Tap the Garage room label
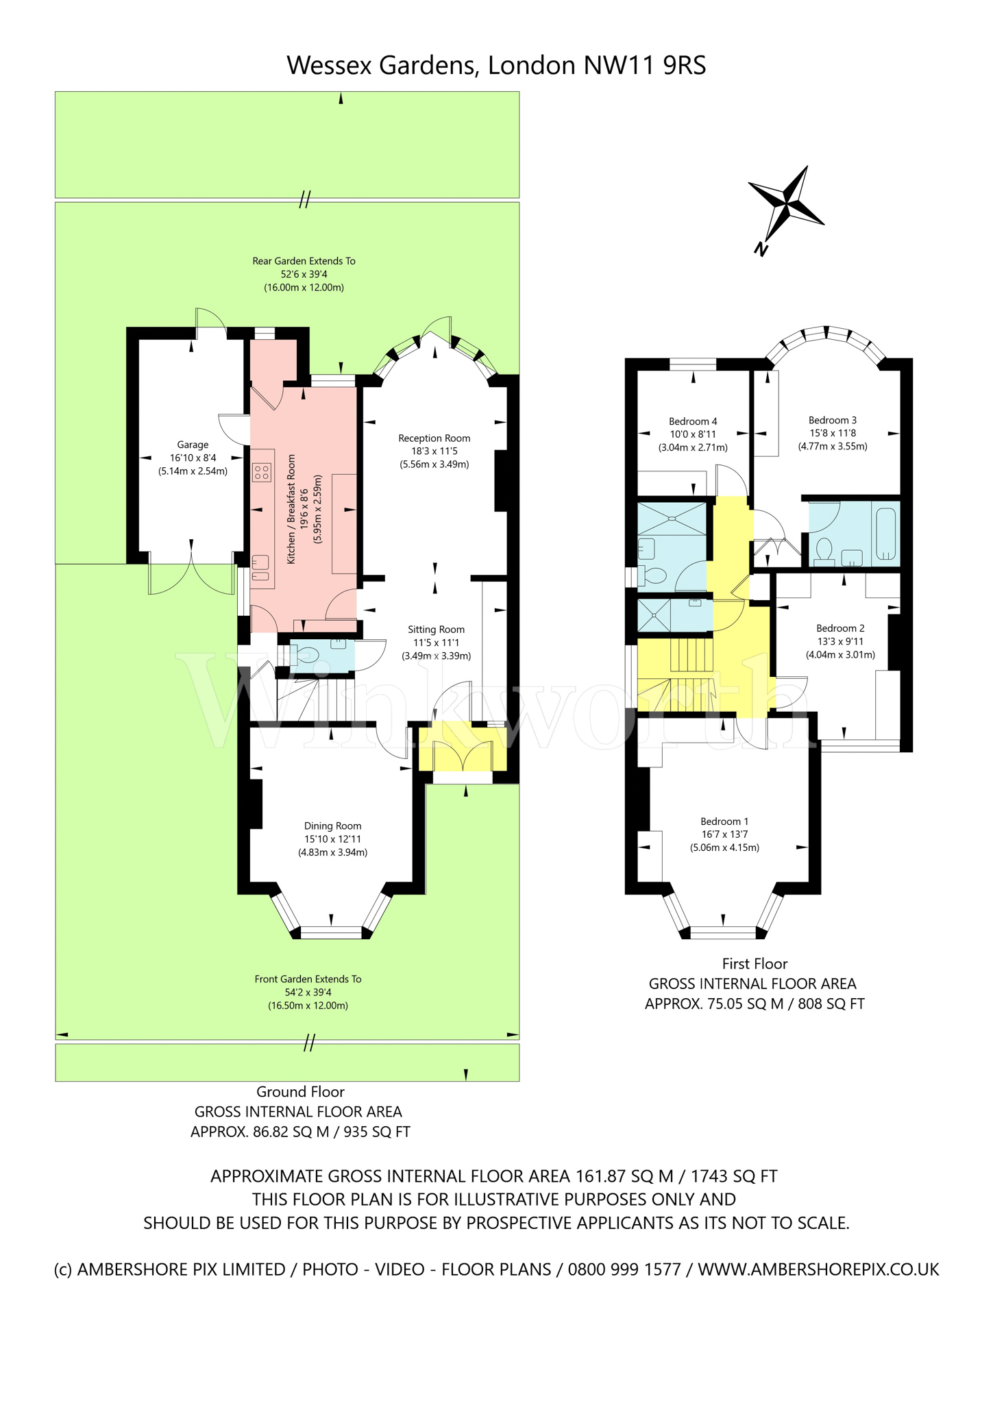click(193, 445)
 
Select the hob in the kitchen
click(262, 471)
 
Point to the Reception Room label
click(434, 438)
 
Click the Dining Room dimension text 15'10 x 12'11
click(332, 839)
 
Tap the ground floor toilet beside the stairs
click(306, 653)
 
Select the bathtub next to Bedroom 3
click(886, 533)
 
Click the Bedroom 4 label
click(693, 421)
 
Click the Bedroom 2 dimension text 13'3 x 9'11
click(840, 641)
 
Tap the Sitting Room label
click(436, 630)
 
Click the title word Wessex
click(330, 66)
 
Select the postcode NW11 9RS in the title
click(644, 66)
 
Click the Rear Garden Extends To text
click(304, 261)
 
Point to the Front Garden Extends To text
click(308, 979)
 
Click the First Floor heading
click(755, 964)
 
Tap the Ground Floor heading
click(300, 1092)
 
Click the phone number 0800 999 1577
click(624, 1269)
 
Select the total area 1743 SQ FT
click(734, 1176)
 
